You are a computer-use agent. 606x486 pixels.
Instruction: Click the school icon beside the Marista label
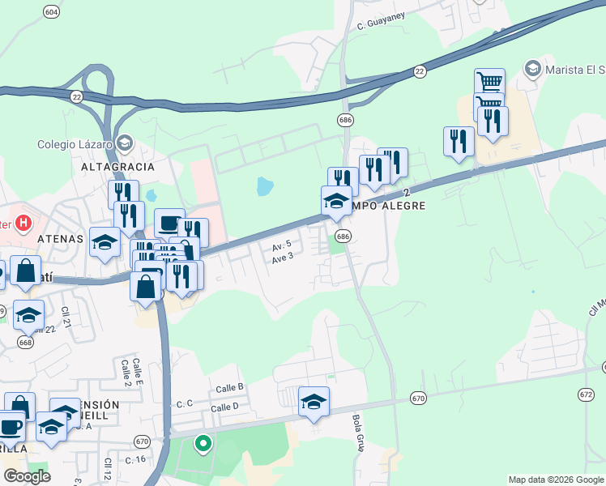click(x=533, y=67)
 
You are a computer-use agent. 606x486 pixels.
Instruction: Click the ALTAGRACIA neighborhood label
click(x=117, y=166)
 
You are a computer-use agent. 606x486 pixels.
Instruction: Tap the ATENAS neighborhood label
click(x=60, y=239)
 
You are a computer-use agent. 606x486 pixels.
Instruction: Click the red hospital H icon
click(x=24, y=222)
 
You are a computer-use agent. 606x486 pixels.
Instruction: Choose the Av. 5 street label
click(x=281, y=246)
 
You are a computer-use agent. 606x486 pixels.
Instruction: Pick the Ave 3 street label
click(x=282, y=258)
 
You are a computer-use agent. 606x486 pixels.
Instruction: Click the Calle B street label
click(x=229, y=388)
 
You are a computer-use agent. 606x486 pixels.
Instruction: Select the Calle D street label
click(x=225, y=407)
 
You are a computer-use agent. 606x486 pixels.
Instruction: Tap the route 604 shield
click(x=52, y=12)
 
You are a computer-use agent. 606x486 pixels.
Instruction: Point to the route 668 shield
click(x=26, y=343)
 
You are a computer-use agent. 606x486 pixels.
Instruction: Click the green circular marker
click(x=203, y=444)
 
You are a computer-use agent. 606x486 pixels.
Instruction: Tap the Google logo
click(x=27, y=476)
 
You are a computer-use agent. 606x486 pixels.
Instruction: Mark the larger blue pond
click(x=265, y=187)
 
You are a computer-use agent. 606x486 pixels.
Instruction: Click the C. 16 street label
click(x=134, y=459)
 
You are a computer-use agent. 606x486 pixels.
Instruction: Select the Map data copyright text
click(x=556, y=480)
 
